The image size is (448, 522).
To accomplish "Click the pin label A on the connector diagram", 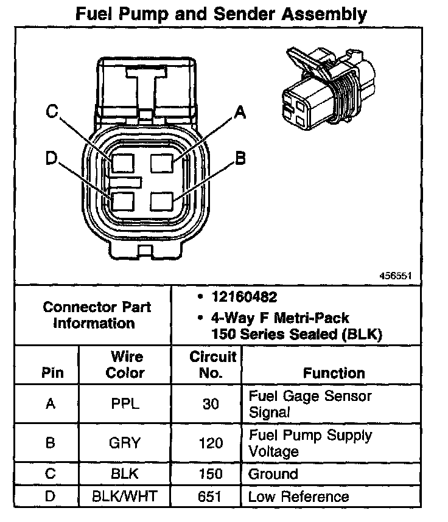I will [240, 111].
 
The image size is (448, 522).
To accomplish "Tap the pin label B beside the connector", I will [240, 158].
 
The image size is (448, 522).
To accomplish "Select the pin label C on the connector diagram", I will [52, 111].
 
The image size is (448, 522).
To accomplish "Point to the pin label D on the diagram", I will [51, 158].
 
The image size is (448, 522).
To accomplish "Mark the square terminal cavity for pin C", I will [124, 163].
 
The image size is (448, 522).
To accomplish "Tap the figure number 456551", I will [396, 276].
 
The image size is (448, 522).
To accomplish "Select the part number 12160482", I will [244, 298].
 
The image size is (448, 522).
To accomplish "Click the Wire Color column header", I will [125, 364].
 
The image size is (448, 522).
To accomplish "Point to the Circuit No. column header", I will [211, 364].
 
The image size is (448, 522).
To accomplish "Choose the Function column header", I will [334, 373].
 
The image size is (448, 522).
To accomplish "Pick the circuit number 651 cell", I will [211, 496].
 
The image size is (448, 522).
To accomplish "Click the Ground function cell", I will [273, 474].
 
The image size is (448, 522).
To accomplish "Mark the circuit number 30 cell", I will [211, 403].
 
